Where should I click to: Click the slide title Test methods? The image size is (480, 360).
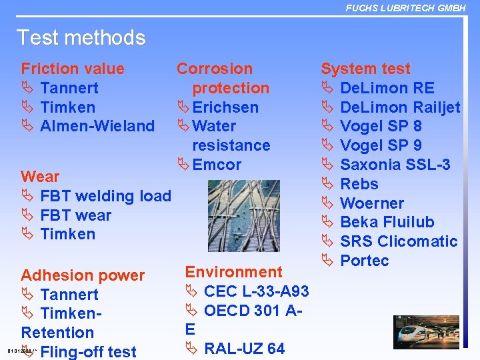pyautogui.click(x=81, y=37)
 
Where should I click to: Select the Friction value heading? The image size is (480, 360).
pyautogui.click(x=73, y=69)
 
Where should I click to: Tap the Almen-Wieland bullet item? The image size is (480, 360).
pyautogui.click(x=97, y=126)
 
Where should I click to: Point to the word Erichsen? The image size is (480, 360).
pyautogui.click(x=225, y=107)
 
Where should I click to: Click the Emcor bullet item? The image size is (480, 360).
pyautogui.click(x=217, y=165)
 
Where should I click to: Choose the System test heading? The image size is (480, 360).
pyautogui.click(x=365, y=69)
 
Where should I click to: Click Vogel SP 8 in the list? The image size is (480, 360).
pyautogui.click(x=381, y=126)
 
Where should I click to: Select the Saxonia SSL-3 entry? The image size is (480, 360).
pyautogui.click(x=395, y=165)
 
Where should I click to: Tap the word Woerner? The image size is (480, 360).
pyautogui.click(x=372, y=203)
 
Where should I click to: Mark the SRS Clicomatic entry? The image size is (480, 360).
pyautogui.click(x=399, y=241)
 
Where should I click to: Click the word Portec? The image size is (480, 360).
pyautogui.click(x=364, y=261)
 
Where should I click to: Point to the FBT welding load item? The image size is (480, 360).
pyautogui.click(x=105, y=196)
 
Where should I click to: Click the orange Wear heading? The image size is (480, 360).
pyautogui.click(x=40, y=177)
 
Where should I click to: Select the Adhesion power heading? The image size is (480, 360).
pyautogui.click(x=83, y=275)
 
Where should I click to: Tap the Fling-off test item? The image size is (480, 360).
pyautogui.click(x=88, y=351)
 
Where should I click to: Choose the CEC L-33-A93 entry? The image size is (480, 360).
pyautogui.click(x=256, y=291)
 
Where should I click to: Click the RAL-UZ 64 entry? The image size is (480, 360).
pyautogui.click(x=244, y=349)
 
